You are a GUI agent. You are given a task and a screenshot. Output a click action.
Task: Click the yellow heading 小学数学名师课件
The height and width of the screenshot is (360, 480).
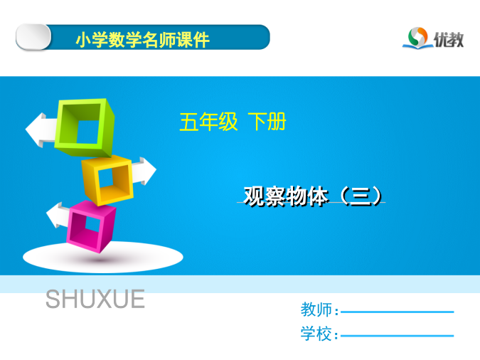click(x=143, y=40)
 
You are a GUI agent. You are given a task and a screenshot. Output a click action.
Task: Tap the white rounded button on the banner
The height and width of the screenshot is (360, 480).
click(x=33, y=37)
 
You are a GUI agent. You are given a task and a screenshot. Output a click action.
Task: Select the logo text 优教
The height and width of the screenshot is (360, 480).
click(x=449, y=40)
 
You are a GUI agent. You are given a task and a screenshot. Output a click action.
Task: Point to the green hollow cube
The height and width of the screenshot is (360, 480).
click(x=85, y=127)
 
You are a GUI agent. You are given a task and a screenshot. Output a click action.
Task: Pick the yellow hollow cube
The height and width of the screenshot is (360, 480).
click(x=107, y=180)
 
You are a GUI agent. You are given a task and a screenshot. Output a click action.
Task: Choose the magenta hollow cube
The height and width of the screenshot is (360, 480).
click(x=91, y=226)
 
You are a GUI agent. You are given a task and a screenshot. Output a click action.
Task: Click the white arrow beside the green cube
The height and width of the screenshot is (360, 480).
click(x=41, y=130)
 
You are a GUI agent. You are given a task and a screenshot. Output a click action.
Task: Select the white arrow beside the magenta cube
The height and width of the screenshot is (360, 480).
click(x=58, y=215)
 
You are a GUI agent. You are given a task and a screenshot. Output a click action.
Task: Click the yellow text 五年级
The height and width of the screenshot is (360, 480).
click(x=208, y=122)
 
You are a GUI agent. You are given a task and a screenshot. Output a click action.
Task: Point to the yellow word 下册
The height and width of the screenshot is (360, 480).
click(x=267, y=122)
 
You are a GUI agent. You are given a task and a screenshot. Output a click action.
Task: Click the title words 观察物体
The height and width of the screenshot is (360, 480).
click(x=286, y=196)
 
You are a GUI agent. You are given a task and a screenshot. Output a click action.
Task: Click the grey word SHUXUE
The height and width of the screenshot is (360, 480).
click(x=95, y=299)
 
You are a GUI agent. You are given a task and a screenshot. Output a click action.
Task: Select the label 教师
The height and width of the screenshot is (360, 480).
click(x=316, y=309)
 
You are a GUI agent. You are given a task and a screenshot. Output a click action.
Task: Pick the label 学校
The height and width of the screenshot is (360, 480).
click(x=316, y=334)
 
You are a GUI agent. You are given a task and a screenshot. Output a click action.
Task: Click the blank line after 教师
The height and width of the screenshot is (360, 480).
click(x=397, y=312)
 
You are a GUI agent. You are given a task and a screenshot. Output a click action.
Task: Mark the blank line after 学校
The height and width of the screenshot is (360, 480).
click(x=397, y=336)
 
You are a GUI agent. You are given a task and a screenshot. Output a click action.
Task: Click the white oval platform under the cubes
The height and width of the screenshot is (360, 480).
click(x=103, y=258)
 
